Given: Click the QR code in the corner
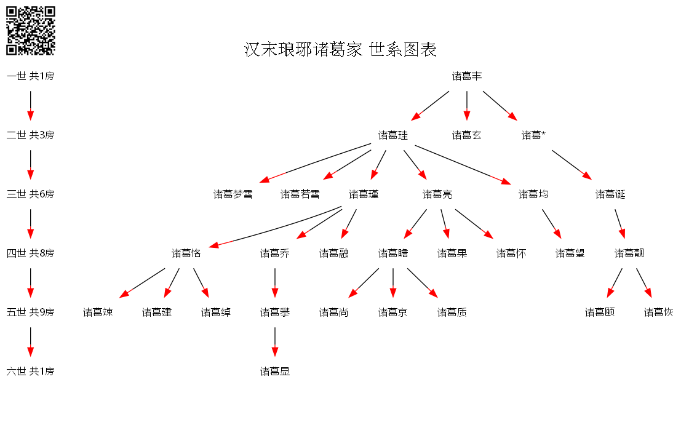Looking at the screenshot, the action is click(30, 31).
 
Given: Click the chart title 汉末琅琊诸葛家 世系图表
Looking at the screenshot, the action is click(340, 49).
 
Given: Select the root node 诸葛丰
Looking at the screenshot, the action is click(467, 76).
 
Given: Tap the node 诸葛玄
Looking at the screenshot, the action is click(467, 135).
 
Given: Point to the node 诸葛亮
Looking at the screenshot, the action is click(437, 194).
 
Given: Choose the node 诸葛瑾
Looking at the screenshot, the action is click(364, 194).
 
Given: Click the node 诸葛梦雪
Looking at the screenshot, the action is click(233, 194).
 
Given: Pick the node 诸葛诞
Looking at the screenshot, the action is click(610, 194).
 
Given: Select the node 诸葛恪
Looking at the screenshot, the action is click(186, 253).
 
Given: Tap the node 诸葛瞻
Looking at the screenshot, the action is click(393, 253).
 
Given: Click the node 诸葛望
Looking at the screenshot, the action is click(570, 253).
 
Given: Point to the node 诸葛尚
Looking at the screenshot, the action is click(334, 313).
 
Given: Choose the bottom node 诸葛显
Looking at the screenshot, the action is click(275, 372).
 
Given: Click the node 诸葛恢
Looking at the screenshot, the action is click(659, 313).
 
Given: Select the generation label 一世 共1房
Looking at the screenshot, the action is click(30, 76).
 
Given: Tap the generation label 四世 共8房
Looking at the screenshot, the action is click(30, 253).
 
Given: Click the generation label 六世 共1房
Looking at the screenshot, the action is click(30, 372).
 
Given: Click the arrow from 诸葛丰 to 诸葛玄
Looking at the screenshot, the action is click(467, 106).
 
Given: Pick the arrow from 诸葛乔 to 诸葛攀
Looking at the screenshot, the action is click(275, 283).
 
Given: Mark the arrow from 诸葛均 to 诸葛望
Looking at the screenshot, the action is click(552, 224).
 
